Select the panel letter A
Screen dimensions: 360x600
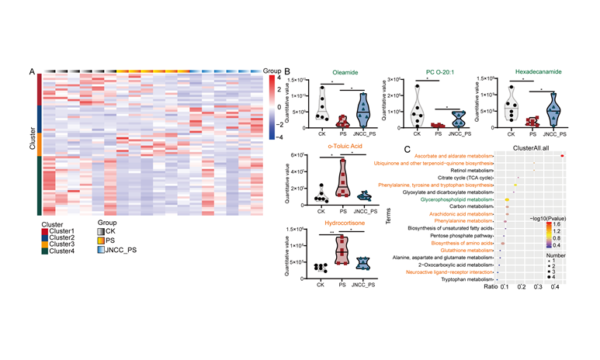tap(32, 72)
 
